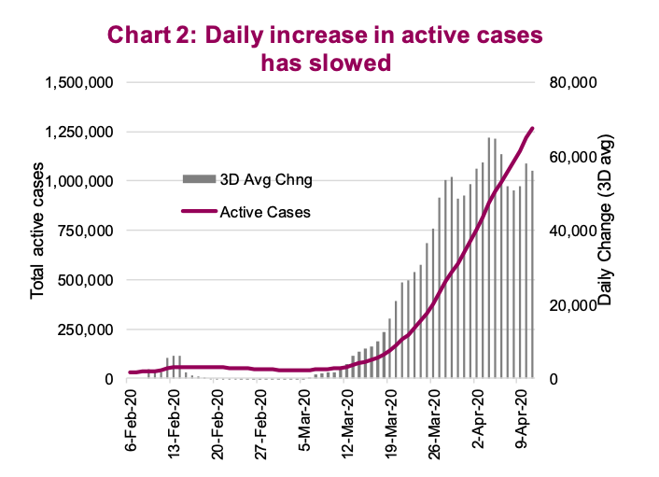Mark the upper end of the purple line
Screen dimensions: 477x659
(x=532, y=128)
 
